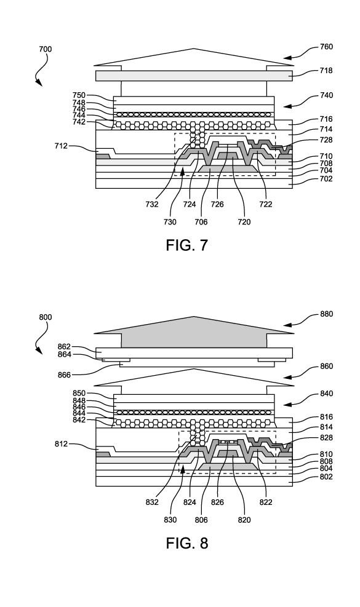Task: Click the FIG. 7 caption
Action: [187, 245]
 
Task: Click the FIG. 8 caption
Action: [187, 543]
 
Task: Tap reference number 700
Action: [46, 49]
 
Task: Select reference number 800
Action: [46, 317]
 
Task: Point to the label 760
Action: [326, 47]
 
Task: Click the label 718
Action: [326, 71]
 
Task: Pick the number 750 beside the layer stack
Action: [79, 95]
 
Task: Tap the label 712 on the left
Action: [61, 146]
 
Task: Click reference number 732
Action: [152, 204]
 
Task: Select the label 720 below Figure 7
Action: [244, 222]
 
